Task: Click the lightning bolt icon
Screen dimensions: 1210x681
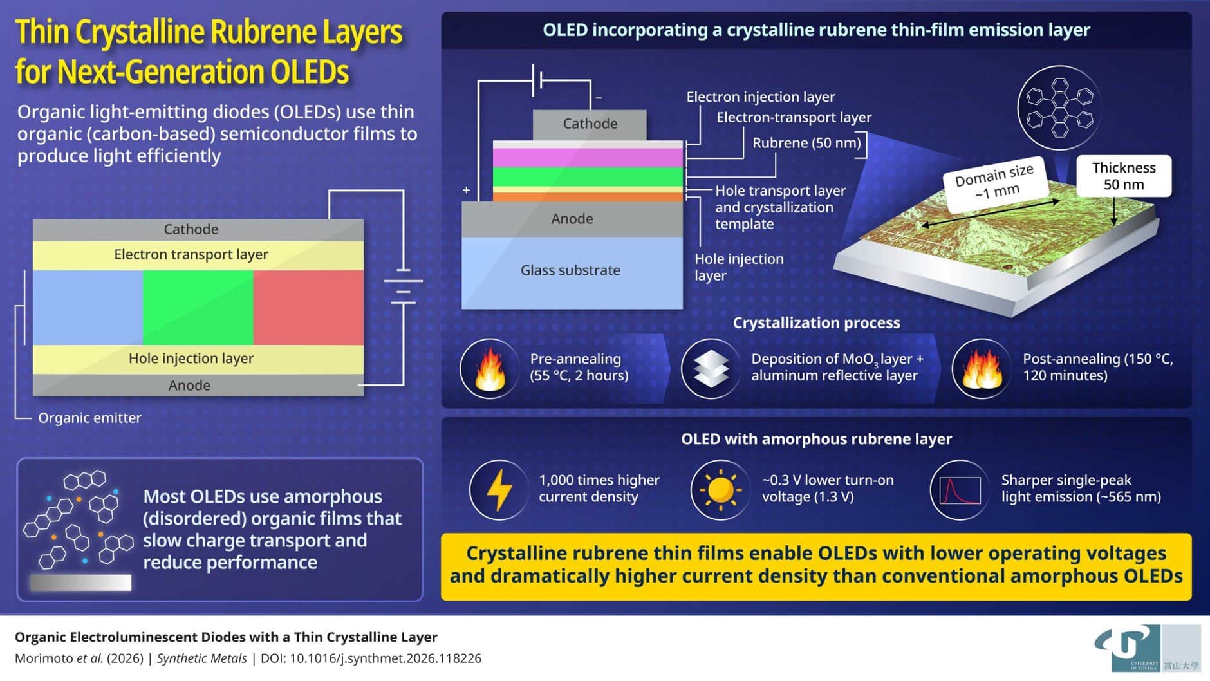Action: tap(499, 490)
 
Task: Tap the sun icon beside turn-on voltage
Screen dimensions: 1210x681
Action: tap(720, 490)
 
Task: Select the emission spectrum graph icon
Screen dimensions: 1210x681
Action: tap(960, 490)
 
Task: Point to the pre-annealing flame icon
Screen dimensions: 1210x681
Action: tap(490, 369)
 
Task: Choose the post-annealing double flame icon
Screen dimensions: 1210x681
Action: tap(982, 369)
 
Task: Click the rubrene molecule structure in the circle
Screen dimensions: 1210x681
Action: tap(1059, 107)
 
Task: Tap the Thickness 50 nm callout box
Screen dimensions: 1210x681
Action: tap(1124, 176)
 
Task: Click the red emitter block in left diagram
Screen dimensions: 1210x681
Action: tap(308, 307)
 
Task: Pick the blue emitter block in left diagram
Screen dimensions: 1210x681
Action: tap(88, 307)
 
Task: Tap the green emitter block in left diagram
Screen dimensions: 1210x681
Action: tap(198, 307)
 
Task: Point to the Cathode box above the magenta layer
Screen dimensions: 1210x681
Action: tap(590, 124)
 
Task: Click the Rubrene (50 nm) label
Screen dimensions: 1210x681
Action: tap(806, 143)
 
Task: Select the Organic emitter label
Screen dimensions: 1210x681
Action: tap(89, 418)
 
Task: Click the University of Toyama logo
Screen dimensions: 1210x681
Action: tap(1147, 647)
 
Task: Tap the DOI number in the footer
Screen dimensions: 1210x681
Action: tap(386, 658)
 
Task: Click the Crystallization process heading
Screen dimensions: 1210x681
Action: tap(816, 322)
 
